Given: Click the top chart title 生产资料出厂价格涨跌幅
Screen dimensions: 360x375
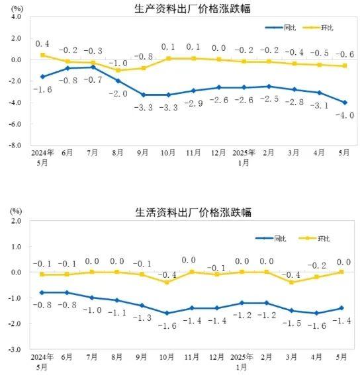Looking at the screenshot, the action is [193, 9].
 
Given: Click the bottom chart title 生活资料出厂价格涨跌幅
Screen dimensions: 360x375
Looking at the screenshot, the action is [193, 212].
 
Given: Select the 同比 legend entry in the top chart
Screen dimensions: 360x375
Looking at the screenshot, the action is [281, 28].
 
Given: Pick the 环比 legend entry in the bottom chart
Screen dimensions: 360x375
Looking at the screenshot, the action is [314, 239].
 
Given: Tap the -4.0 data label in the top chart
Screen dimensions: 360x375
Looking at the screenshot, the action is [345, 116].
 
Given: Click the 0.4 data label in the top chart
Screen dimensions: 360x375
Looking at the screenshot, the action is [42, 44].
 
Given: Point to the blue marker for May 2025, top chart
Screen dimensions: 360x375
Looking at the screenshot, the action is [345, 103].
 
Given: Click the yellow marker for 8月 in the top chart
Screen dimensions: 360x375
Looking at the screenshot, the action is [118, 70].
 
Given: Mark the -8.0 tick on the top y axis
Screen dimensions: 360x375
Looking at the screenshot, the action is [15, 145].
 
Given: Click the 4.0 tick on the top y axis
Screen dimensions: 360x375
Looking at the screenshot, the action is [16, 17].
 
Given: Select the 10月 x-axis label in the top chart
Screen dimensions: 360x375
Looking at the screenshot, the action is [168, 153].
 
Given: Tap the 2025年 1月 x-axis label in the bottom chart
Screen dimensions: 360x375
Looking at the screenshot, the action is [242, 362].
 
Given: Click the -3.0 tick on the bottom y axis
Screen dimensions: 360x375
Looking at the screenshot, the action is [15, 349].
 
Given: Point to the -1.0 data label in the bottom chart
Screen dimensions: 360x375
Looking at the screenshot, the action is [92, 310].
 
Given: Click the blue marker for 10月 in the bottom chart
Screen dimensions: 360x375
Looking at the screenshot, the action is [167, 313].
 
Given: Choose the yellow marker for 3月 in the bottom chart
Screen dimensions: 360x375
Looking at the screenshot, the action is [292, 282].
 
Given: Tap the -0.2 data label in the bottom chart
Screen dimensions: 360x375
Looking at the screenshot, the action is [317, 265].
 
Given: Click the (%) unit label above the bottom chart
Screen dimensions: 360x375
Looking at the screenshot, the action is [16, 211].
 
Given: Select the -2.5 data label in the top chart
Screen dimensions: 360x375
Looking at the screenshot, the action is [269, 99].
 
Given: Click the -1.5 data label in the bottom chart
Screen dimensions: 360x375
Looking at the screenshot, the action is [292, 323].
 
